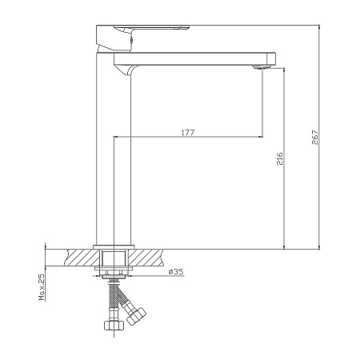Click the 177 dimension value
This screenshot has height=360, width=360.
188,133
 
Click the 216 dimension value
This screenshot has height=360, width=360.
279,158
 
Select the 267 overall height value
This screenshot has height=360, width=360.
315,138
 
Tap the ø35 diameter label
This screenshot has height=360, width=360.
176,272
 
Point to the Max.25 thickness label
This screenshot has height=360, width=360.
42,287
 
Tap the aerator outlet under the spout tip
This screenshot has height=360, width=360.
262,67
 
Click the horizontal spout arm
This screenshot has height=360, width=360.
194,59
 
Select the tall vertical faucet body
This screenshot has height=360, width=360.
114,150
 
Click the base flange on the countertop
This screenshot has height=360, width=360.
114,247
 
